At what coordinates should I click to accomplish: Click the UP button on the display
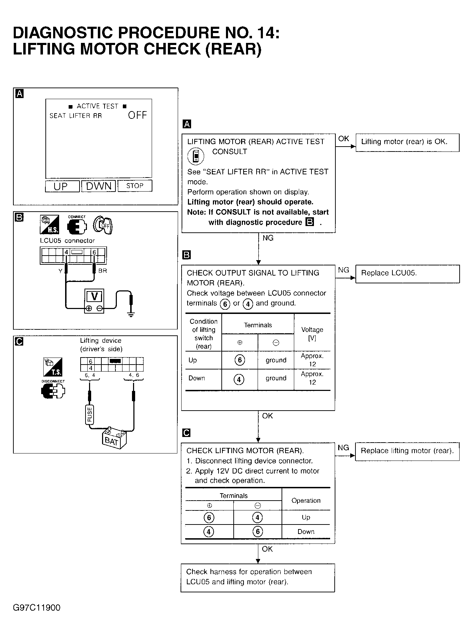(62, 186)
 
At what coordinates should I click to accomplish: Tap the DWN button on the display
(99, 186)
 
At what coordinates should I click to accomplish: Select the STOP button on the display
(135, 186)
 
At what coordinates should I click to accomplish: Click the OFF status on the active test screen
(137, 115)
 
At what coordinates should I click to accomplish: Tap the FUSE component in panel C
(90, 414)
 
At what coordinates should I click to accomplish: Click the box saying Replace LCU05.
(408, 274)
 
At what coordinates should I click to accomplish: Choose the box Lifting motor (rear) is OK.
(408, 142)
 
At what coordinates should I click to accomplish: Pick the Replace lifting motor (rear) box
(408, 451)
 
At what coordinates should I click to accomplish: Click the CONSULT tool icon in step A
(196, 156)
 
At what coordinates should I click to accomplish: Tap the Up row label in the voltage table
(193, 360)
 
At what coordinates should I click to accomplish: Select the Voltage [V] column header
(312, 334)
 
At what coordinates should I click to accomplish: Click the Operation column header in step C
(306, 501)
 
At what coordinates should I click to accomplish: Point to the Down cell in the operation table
(306, 532)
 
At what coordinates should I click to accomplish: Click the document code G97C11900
(37, 608)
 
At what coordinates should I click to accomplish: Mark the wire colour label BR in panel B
(103, 271)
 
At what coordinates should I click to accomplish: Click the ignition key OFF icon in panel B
(103, 225)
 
